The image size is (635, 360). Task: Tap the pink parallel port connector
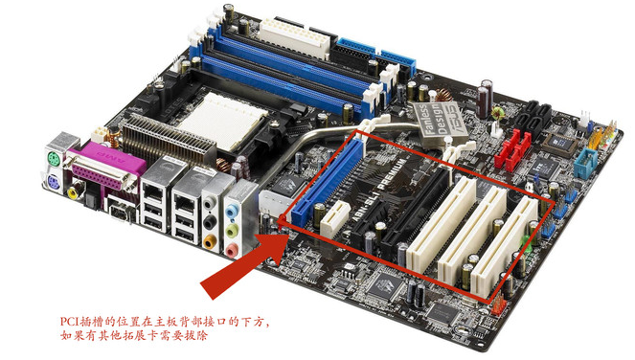(x=112, y=176)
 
